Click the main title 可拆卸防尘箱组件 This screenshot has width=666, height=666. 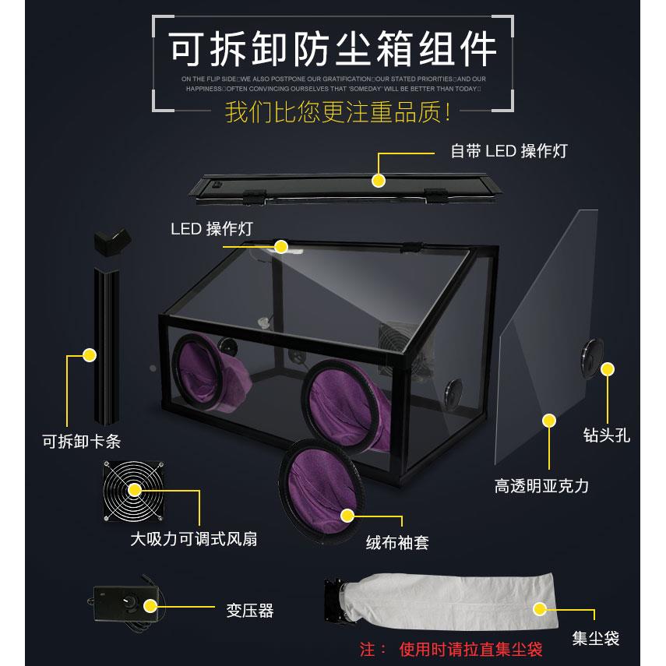(333, 49)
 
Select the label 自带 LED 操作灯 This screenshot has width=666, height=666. (509, 150)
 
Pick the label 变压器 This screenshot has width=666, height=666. (250, 611)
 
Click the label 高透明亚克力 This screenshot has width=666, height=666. (541, 486)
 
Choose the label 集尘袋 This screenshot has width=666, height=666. (595, 639)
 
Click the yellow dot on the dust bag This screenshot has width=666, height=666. (538, 608)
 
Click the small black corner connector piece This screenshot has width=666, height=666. (111, 245)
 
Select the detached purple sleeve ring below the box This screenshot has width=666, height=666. (322, 492)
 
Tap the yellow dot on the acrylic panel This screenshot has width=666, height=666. (550, 421)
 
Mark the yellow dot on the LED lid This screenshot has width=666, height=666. (379, 181)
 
